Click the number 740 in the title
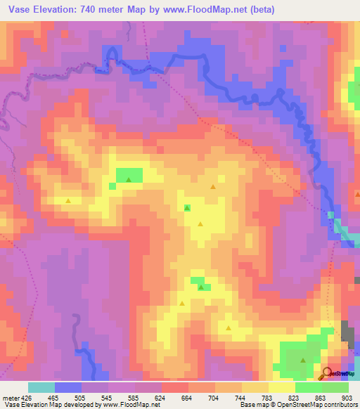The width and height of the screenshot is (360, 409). tap(93, 10)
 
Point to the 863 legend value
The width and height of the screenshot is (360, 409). tap(320, 398)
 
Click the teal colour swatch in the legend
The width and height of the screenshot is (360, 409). tap(41, 387)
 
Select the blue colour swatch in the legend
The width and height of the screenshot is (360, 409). tap(69, 387)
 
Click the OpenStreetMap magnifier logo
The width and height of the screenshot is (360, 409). tap(328, 373)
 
